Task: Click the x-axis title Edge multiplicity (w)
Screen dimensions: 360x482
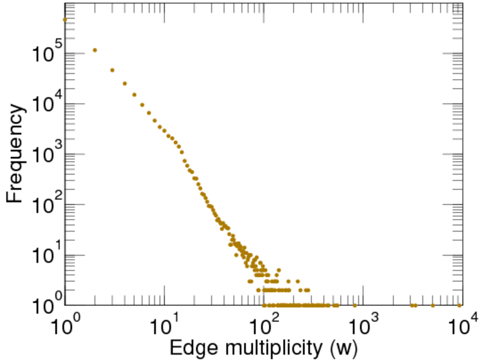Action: tap(265, 347)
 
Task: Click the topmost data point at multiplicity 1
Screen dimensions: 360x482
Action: tap(65, 19)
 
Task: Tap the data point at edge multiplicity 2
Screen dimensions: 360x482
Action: tap(95, 50)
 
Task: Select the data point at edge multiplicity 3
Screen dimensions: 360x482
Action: tap(112, 70)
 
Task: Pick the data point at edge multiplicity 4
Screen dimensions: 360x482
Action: tap(125, 83)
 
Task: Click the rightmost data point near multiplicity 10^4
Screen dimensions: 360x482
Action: tap(459, 305)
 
